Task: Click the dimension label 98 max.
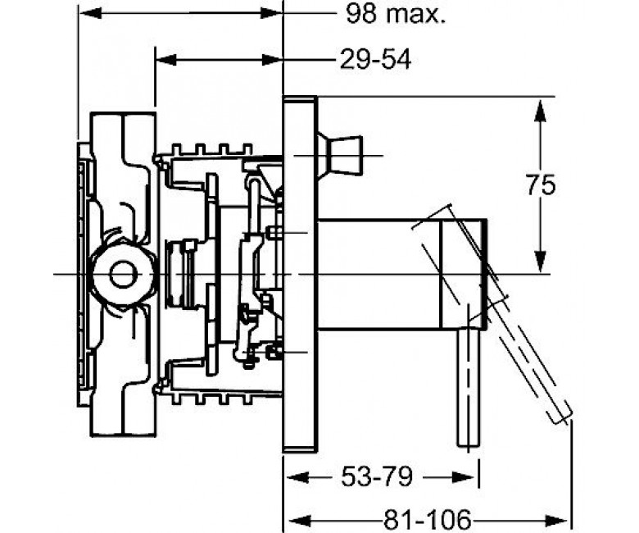pos(396,14)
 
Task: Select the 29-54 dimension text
pos(376,60)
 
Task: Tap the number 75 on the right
pos(540,185)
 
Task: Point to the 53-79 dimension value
pos(377,476)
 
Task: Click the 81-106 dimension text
pos(427,520)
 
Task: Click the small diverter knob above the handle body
pos(339,155)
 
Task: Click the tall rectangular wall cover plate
pos(300,274)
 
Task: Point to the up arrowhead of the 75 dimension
pos(540,111)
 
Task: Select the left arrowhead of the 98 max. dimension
pos(90,13)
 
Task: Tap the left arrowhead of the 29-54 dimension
pos(166,60)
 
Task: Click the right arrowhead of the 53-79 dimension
pos(464,476)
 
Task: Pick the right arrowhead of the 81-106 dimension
pos(556,521)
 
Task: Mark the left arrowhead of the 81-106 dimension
pos(300,521)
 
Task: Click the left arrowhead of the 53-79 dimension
pos(299,476)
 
